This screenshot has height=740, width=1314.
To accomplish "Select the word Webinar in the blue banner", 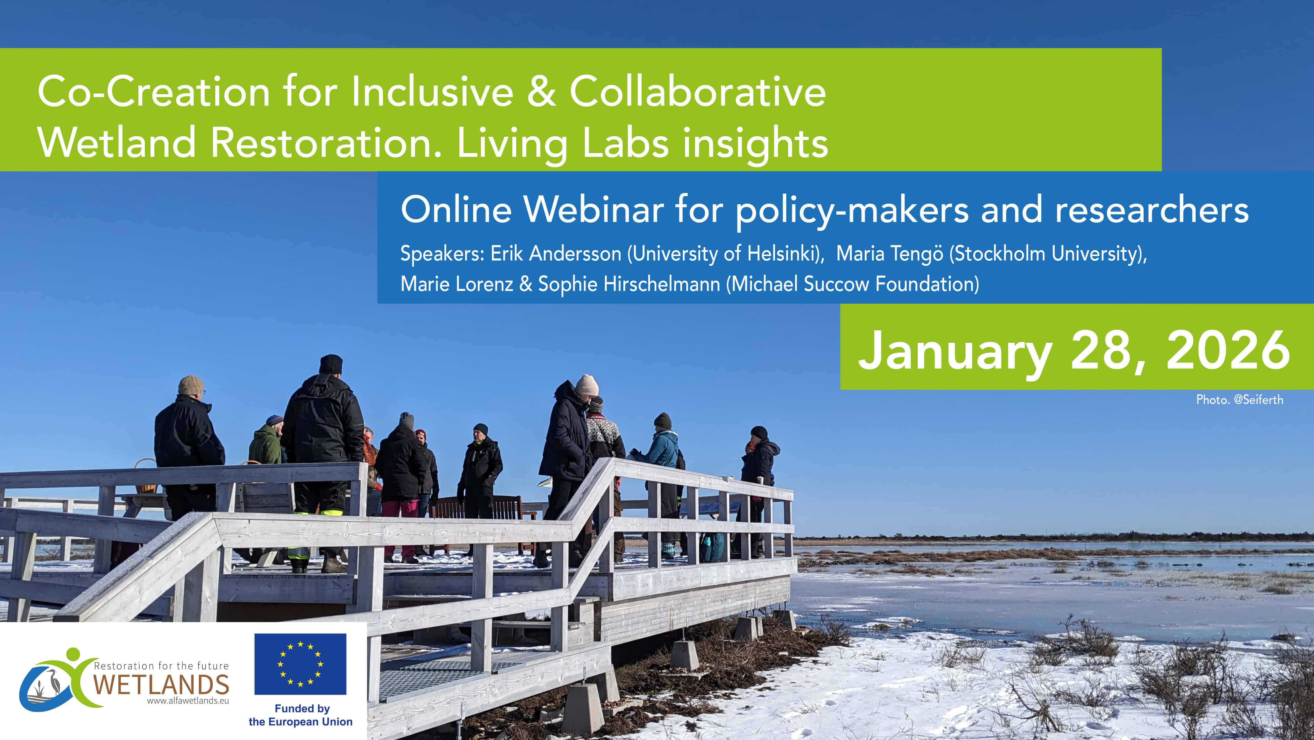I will click(593, 210).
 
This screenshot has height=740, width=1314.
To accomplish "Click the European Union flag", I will click(301, 664).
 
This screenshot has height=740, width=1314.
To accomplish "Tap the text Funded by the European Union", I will click(301, 715).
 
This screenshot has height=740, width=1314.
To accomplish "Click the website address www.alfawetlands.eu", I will click(188, 701).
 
